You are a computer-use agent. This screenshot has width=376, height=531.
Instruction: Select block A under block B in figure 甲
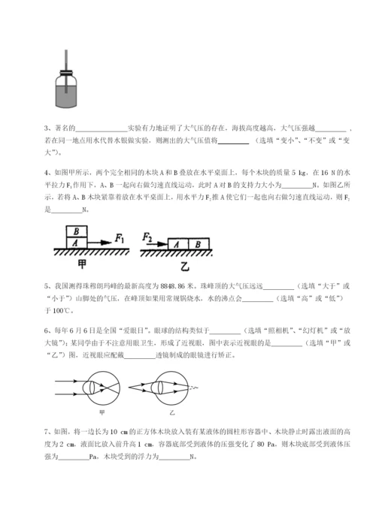[x=76, y=242]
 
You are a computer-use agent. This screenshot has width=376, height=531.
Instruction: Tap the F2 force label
[x=147, y=237]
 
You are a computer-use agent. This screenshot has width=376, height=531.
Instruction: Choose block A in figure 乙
[x=177, y=243]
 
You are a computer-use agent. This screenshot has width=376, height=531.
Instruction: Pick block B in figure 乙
[x=196, y=243]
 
